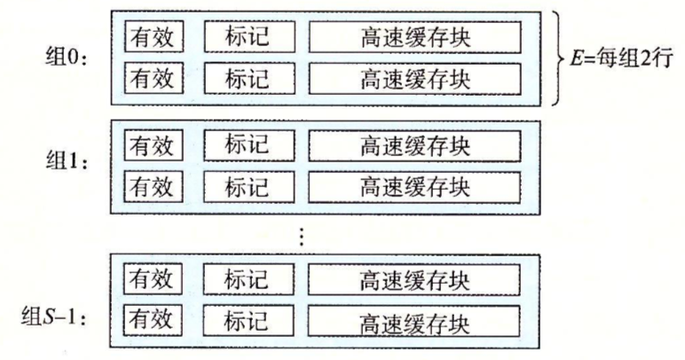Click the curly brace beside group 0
coord(556,59)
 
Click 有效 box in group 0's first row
coord(153,37)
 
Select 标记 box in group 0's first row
coord(248,37)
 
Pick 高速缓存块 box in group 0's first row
coord(415,37)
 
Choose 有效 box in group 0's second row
coord(153,79)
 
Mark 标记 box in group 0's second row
coord(248,79)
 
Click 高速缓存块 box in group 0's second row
coord(415,79)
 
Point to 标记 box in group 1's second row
coord(248,187)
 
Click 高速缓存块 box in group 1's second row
coord(415,187)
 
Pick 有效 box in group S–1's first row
coord(153,280)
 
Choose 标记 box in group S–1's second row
coord(248,319)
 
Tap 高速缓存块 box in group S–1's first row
coord(415,280)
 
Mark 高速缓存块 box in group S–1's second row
coord(415,319)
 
